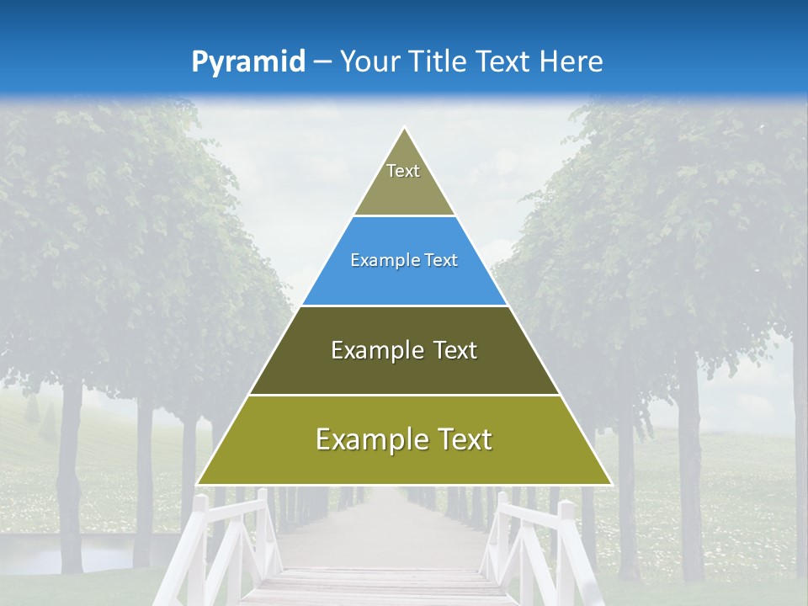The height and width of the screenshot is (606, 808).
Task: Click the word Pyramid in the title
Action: [x=248, y=62]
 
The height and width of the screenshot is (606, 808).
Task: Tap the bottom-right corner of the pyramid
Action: [x=610, y=484]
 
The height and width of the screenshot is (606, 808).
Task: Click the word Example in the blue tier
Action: [x=375, y=261]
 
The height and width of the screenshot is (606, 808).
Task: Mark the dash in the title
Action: [x=322, y=62]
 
